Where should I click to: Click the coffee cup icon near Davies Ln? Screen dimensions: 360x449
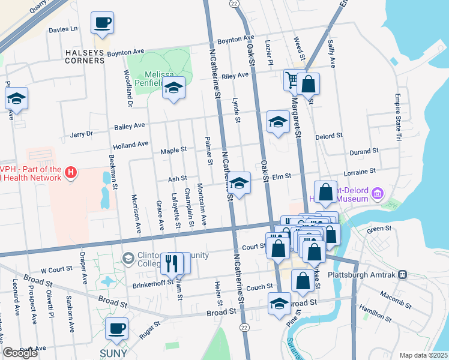click(x=102, y=23)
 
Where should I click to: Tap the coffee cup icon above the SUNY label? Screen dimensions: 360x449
click(x=117, y=328)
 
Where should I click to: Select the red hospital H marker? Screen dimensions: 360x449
click(x=71, y=174)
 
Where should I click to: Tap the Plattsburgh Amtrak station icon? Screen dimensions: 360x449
click(x=402, y=274)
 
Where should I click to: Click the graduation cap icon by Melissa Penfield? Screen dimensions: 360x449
click(x=173, y=88)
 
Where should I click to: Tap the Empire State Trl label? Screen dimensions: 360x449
click(x=397, y=117)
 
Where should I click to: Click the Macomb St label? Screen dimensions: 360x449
click(x=394, y=295)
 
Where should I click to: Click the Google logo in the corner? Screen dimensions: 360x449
click(x=20, y=353)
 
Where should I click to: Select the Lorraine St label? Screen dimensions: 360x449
click(x=360, y=171)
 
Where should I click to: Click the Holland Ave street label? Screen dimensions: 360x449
click(x=130, y=145)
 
